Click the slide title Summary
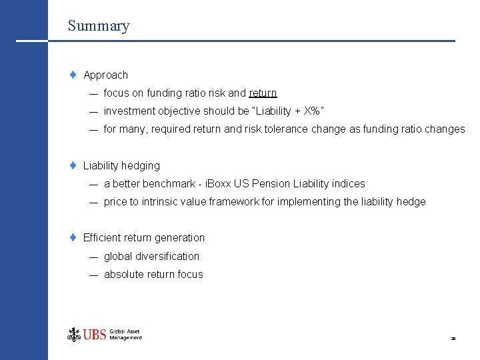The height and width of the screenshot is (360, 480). tap(98, 26)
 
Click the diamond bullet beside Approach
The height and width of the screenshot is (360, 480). tap(74, 75)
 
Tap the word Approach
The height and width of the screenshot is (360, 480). tap(105, 75)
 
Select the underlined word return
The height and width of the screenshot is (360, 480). tap(263, 93)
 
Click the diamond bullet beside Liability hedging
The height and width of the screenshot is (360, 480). tap(74, 165)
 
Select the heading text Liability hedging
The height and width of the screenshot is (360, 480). tap(121, 165)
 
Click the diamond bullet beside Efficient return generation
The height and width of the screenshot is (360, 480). tap(74, 237)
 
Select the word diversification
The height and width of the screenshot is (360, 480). tap(167, 256)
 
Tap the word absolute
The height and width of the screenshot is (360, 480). tap(125, 274)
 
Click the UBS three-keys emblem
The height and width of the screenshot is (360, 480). tap(73, 334)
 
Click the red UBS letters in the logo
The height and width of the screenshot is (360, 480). tap(95, 335)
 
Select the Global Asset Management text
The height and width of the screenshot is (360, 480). tap(125, 335)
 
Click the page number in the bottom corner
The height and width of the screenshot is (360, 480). tap(453, 339)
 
